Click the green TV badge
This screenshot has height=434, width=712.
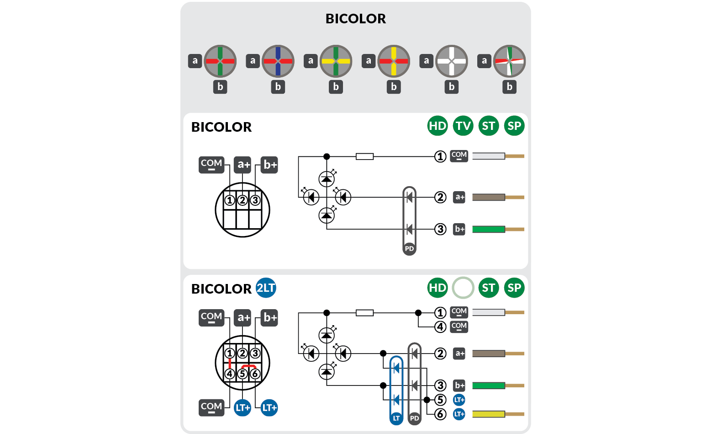coord(463,126)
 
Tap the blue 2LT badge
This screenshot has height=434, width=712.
coord(266,288)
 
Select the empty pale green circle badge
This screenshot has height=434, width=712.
coord(463,288)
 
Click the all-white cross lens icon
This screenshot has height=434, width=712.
coord(451,61)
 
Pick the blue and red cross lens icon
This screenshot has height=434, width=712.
coord(278,61)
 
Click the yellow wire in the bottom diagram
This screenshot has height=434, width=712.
coord(489,414)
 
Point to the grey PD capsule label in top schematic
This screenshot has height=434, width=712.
coord(410,249)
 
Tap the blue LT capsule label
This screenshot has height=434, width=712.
coord(396,418)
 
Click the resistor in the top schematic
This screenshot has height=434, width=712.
coord(364,156)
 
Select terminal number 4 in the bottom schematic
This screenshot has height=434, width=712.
coord(440,327)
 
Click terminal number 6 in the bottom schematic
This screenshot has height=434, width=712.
coord(440,414)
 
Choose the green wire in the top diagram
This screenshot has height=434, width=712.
coord(489,229)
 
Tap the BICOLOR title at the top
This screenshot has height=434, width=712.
coord(355,19)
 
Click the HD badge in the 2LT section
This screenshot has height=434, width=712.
coord(438,288)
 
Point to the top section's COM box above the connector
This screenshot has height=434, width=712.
coord(211,165)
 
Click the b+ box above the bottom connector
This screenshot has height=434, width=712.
coord(269,317)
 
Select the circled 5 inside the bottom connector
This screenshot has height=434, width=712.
coord(243,374)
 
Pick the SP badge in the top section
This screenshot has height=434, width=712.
coord(514,126)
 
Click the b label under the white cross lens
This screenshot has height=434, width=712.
coord(451,86)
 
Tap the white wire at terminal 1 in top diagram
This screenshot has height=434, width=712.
coord(489,156)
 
